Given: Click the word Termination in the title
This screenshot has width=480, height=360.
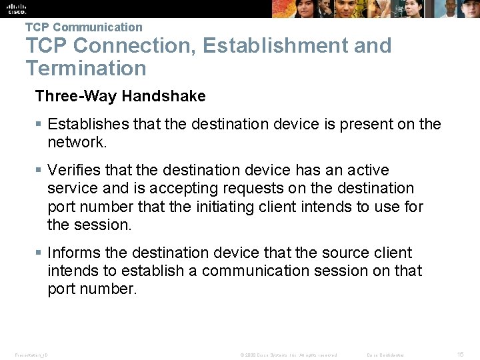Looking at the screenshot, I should point(86,68).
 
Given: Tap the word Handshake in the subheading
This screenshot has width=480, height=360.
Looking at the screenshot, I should point(171,96).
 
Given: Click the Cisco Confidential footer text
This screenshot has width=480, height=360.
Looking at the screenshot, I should point(386,355).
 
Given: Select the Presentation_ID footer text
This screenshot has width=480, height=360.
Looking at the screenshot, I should point(31,355).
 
